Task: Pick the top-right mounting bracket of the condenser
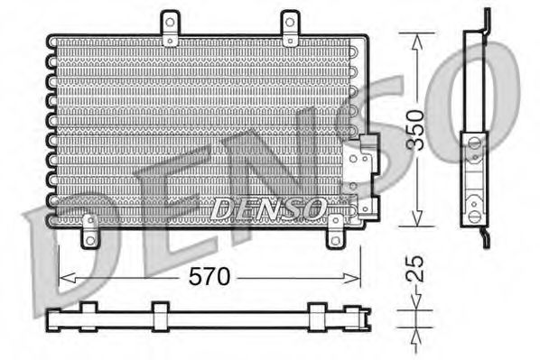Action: tap(289, 29)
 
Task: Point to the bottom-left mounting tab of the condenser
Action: tap(89, 232)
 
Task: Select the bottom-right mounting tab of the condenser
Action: tap(335, 232)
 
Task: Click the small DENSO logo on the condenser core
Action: tap(268, 209)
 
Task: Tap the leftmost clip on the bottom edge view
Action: tap(88, 316)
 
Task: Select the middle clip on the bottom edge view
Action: tap(161, 316)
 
